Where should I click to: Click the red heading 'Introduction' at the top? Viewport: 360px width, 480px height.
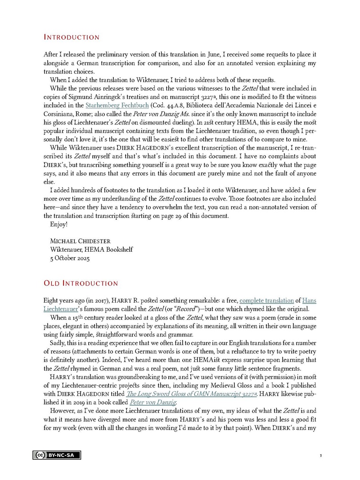pos(72,37)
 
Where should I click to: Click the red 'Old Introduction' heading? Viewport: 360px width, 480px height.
pos(81,283)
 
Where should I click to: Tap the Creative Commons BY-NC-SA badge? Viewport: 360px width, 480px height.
pos(56,455)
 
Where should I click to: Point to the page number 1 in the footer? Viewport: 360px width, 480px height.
pos(320,456)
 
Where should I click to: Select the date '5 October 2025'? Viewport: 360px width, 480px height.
pos(70,258)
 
